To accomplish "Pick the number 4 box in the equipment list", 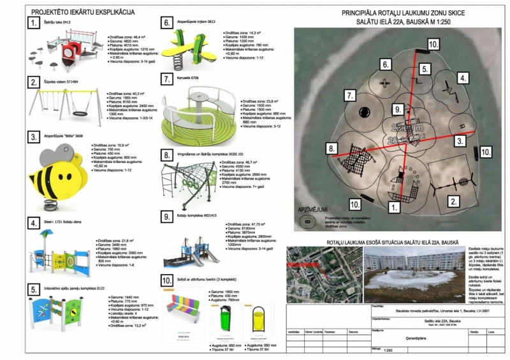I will [34, 223].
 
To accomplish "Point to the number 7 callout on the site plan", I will [350, 96].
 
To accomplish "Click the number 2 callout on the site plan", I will [453, 201].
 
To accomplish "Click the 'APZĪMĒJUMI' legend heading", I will [313, 209].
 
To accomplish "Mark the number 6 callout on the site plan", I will [384, 64].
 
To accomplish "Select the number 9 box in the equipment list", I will [165, 216].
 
